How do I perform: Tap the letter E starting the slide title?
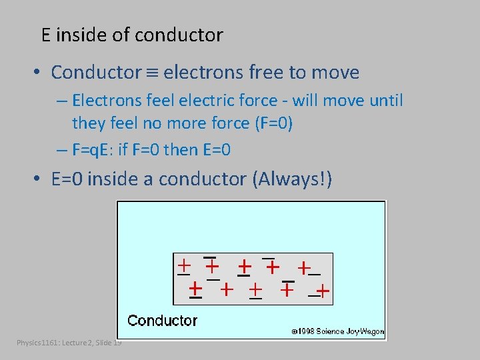pos(46,35)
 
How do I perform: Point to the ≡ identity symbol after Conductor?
pos(152,73)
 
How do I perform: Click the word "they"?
pos(88,125)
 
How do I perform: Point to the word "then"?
pos(179,150)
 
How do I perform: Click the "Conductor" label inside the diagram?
pos(162,321)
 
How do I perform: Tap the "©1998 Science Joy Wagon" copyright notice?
pos(337,331)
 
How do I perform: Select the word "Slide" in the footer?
pos(103,343)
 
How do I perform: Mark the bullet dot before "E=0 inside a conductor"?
pos(41,179)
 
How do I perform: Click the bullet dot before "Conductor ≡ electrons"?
pos(41,73)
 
